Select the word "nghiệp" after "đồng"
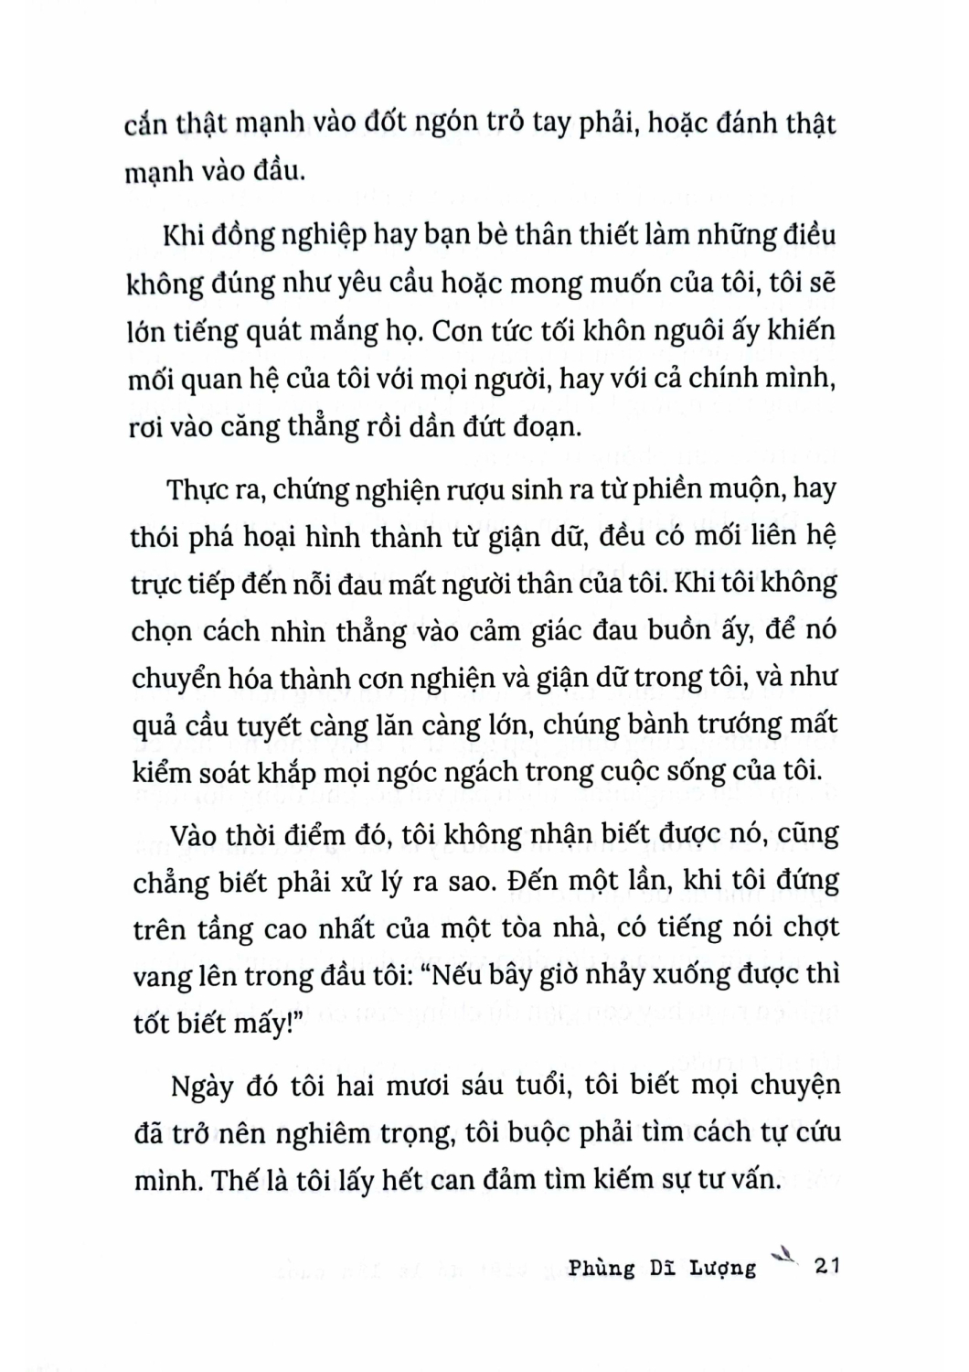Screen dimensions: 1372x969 pyautogui.click(x=317, y=235)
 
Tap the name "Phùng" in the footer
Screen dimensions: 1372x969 pyautogui.click(x=601, y=1268)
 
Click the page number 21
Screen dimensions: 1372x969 pyautogui.click(x=825, y=1266)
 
